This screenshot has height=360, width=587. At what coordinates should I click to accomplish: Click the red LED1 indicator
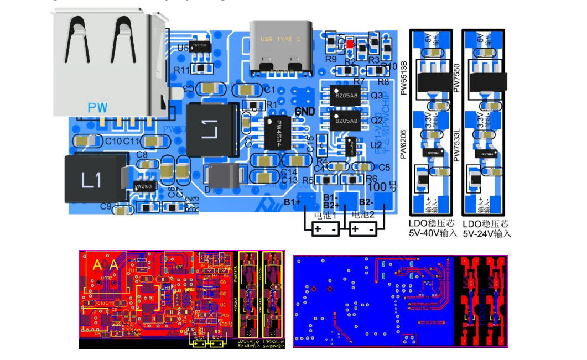point(349,43)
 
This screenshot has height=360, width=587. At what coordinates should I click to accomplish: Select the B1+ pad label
point(292,202)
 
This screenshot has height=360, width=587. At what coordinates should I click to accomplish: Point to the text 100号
point(386,186)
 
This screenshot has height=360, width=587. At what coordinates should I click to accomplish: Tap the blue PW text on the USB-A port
point(97,107)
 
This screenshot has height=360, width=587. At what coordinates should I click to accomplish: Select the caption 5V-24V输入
point(487,234)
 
